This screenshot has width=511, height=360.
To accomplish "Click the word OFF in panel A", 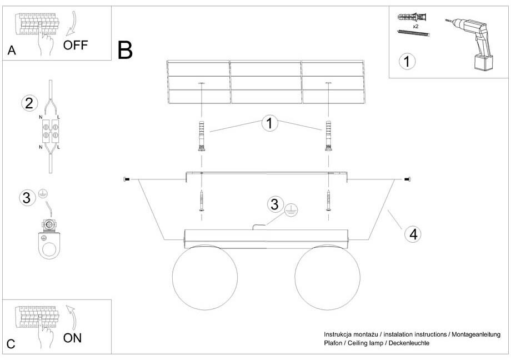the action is pyautogui.click(x=76, y=45).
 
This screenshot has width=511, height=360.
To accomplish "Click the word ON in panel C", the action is pyautogui.click(x=73, y=338).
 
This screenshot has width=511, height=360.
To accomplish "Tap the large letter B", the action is pyautogui.click(x=126, y=50).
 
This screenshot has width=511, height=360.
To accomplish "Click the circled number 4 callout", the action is pyautogui.click(x=412, y=234).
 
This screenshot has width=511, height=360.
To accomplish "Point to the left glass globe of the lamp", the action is pyautogui.click(x=204, y=277).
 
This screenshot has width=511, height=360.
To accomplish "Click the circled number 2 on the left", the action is pyautogui.click(x=29, y=103).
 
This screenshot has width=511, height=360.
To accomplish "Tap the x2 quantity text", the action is pyautogui.click(x=415, y=26).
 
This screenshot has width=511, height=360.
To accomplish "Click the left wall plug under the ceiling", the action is pyautogui.click(x=201, y=136).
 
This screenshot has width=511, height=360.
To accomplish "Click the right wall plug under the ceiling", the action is pyautogui.click(x=328, y=136).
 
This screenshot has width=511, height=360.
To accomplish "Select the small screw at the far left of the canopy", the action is pyautogui.click(x=127, y=179).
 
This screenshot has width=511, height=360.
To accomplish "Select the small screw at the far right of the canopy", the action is pyautogui.click(x=409, y=179).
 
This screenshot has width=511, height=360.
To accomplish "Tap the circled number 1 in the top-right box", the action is pyautogui.click(x=408, y=61).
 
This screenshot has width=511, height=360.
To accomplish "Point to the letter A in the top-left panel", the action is pyautogui.click(x=12, y=51).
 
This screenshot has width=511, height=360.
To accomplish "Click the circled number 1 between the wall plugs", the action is pyautogui.click(x=269, y=123).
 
